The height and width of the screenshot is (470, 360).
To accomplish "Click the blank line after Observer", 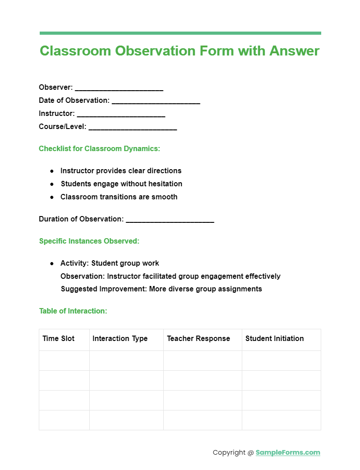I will coord(119,88).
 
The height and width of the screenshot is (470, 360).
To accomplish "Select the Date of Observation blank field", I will coord(156,101).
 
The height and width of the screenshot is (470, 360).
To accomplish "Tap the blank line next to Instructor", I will coord(121,115).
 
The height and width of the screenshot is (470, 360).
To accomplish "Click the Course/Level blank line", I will coord(133,128).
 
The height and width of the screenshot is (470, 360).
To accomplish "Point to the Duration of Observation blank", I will coord(170,220).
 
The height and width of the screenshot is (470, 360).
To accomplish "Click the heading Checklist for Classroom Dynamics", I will coord(99,148).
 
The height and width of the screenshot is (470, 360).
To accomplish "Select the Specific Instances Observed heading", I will coord(89,241).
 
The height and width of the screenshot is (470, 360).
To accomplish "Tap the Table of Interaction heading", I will coord(73,311).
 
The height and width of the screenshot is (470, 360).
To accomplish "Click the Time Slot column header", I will coord(59,338).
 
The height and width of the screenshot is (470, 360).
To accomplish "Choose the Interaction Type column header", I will coord(120,338).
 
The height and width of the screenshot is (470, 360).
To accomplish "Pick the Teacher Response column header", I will coord(198,338).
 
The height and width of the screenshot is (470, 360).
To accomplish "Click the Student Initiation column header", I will coord(275,338).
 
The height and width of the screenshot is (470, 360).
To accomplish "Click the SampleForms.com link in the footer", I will coord(288,452).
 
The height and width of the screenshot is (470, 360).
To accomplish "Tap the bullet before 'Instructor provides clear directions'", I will coord(51,171).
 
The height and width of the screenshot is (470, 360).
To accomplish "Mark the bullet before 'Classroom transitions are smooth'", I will coord(51,197).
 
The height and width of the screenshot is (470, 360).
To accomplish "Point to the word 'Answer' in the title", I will coord(295,51).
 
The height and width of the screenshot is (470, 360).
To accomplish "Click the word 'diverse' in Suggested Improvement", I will coord(182,289).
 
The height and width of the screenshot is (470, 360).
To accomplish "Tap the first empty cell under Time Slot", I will coord(64,360).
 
